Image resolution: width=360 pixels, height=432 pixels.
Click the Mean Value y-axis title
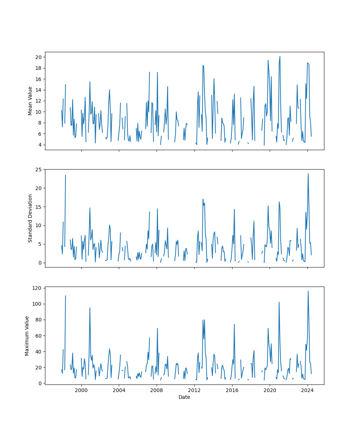(x=30, y=101)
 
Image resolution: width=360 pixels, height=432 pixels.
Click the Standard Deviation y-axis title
(x=30, y=218)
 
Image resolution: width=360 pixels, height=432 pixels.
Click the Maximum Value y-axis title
(x=27, y=336)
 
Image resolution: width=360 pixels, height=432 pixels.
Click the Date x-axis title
(x=184, y=397)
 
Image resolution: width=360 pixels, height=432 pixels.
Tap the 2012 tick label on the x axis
(x=194, y=390)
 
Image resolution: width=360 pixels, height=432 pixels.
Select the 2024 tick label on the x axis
(x=307, y=390)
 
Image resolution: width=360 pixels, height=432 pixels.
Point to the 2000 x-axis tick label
(x=81, y=390)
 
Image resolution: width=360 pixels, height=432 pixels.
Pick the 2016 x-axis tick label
(x=232, y=390)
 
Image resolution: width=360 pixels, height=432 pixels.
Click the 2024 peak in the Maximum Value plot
(x=308, y=291)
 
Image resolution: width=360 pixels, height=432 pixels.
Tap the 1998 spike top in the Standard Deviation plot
(x=66, y=175)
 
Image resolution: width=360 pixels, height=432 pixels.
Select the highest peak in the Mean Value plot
(x=280, y=56)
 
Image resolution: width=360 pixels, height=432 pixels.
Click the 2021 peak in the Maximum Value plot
(x=279, y=302)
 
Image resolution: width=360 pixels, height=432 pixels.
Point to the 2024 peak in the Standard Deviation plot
(x=308, y=174)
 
